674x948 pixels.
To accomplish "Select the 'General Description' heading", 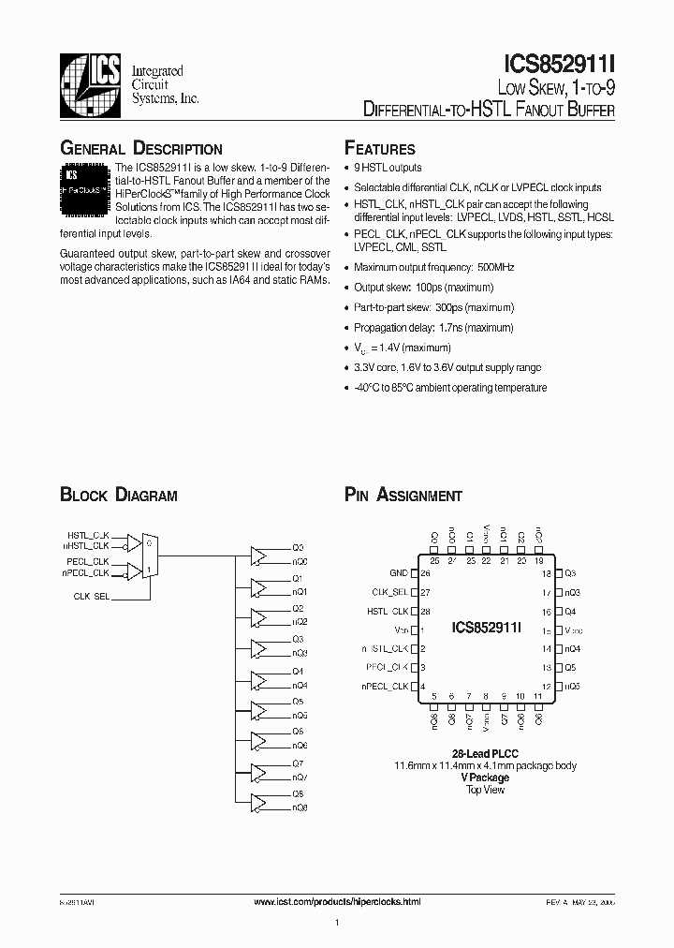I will click(140, 149).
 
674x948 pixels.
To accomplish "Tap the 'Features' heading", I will click(379, 149).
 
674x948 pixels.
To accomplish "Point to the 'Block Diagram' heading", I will click(118, 496).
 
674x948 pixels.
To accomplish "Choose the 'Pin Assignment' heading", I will click(403, 496).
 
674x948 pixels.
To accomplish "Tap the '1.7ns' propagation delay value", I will click(453, 328).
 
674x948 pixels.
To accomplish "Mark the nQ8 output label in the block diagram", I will click(300, 807).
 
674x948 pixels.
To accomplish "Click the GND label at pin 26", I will click(398, 572).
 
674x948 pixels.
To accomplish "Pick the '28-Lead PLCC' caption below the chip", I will click(485, 754).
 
